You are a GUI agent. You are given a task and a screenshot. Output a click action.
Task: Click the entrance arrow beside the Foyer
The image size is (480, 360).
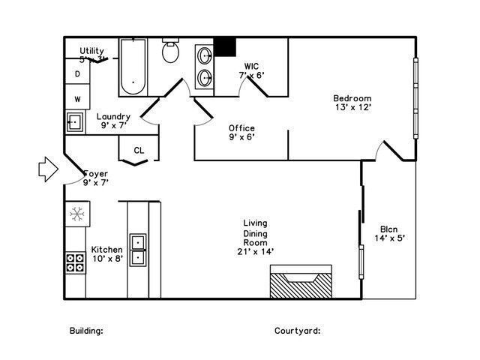(x=46, y=169)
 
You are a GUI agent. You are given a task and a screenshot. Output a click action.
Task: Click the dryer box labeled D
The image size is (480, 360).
(x=77, y=74)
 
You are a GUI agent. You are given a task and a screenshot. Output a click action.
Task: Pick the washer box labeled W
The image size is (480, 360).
(x=77, y=98)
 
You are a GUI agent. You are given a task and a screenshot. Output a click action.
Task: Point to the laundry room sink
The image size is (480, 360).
(x=74, y=121)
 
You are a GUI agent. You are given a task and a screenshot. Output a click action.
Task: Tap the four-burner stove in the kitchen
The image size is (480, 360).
(x=74, y=262)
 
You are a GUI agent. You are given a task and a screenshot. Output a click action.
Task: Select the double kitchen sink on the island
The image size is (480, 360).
(x=138, y=250)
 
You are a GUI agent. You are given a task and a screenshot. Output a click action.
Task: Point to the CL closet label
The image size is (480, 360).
(x=139, y=151)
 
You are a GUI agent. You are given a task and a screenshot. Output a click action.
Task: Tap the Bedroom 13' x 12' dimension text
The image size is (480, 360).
(x=352, y=108)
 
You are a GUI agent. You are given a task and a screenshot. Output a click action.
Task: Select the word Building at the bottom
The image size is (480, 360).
(x=86, y=330)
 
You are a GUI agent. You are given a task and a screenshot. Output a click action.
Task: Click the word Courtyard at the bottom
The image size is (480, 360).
(x=297, y=330)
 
